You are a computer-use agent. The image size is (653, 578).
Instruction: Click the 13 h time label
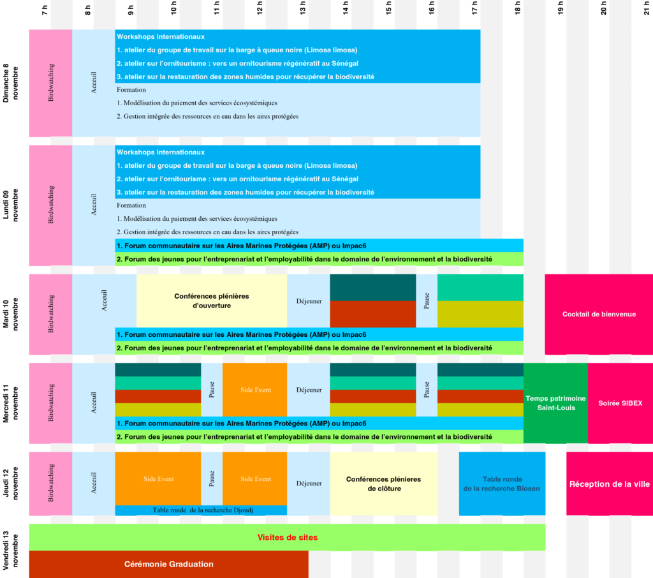pyautogui.click(x=302, y=8)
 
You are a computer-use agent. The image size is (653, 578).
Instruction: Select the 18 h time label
pyautogui.click(x=517, y=8)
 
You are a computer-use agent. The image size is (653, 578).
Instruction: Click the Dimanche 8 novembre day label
pyautogui.click(x=11, y=83)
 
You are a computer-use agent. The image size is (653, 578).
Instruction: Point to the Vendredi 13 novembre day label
pyautogui.click(x=11, y=550)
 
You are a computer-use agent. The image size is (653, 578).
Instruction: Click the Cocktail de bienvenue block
pyautogui.click(x=599, y=315)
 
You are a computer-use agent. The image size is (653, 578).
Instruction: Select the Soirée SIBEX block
pyautogui.click(x=620, y=403)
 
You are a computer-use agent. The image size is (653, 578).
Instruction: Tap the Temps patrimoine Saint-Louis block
pyautogui.click(x=555, y=403)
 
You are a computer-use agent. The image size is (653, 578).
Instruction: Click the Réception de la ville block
pyautogui.click(x=610, y=484)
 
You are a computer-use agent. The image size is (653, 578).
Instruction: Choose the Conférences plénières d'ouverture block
pyautogui.click(x=212, y=301)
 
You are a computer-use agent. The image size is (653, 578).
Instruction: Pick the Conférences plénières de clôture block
pyautogui.click(x=383, y=484)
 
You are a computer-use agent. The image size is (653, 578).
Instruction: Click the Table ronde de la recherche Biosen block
pyautogui.click(x=502, y=484)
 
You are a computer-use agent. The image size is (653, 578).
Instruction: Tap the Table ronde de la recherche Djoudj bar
pyautogui.click(x=201, y=510)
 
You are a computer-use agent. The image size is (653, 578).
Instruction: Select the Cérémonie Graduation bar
pyautogui.click(x=168, y=564)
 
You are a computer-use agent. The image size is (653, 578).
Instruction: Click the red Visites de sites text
pyautogui.click(x=288, y=538)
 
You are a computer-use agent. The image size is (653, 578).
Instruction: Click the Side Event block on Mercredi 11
pyautogui.click(x=255, y=390)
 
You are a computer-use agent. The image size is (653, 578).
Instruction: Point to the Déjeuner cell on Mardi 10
pyautogui.click(x=309, y=301)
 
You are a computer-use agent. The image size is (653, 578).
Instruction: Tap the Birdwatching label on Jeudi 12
pyautogui.click(x=51, y=483)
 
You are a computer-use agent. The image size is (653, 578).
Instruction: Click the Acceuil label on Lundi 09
pyautogui.click(x=94, y=205)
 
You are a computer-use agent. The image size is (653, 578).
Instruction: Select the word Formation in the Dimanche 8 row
pyautogui.click(x=131, y=89)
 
